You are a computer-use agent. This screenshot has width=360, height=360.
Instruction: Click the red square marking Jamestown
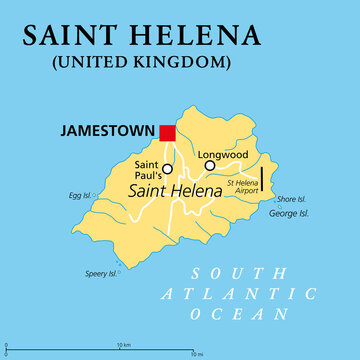pyautogui.click(x=167, y=133)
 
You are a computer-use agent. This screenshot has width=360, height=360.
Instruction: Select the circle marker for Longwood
pyautogui.click(x=210, y=166)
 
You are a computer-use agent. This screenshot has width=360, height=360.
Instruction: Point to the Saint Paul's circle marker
pyautogui.click(x=167, y=169)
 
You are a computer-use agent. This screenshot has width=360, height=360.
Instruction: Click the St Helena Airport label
pyautogui.click(x=242, y=186)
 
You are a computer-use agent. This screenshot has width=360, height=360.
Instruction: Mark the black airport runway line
pyautogui.click(x=261, y=179)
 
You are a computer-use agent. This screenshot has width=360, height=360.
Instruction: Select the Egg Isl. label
pyautogui.click(x=81, y=197)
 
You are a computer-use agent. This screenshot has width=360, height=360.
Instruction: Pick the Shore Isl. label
pyautogui.click(x=292, y=198)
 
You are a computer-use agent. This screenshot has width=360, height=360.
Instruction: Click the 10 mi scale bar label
pyautogui.click(x=197, y=354)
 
